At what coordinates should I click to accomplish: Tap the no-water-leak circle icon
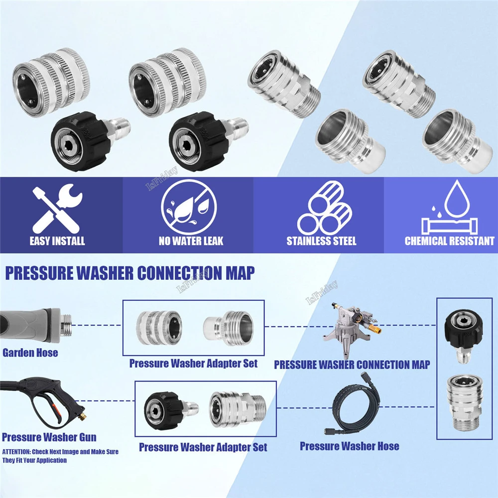pyautogui.click(x=189, y=207)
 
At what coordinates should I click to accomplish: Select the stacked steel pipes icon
pyautogui.click(x=325, y=208)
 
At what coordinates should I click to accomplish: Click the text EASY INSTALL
pyautogui.click(x=57, y=241)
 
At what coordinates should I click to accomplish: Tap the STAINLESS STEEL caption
pyautogui.click(x=321, y=241)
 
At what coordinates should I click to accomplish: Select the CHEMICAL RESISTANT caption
pyautogui.click(x=449, y=241)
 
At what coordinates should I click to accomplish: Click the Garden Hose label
pyautogui.click(x=30, y=353)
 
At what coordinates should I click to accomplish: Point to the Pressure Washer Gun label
pyautogui.click(x=49, y=437)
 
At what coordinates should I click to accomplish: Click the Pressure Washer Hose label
pyautogui.click(x=350, y=446)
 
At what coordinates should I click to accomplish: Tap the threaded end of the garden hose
pyautogui.click(x=66, y=325)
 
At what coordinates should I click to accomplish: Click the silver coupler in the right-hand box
pyautogui.click(x=464, y=403)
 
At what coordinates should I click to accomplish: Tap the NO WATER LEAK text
pyautogui.click(x=191, y=241)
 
